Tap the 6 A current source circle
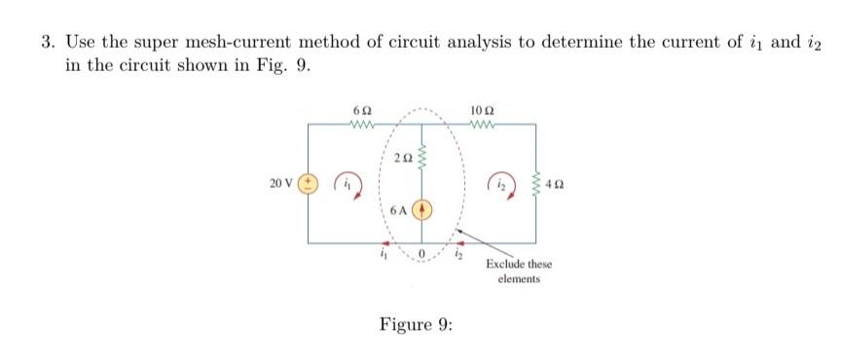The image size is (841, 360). [x=422, y=209]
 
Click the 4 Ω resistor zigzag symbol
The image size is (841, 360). [x=534, y=183]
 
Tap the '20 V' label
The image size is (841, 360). [x=282, y=183]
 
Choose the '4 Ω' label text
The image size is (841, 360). [x=555, y=183]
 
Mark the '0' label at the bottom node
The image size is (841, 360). [x=422, y=257]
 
